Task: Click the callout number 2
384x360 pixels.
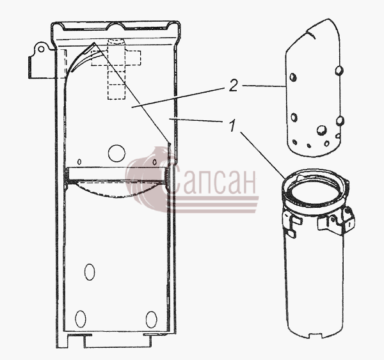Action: click(x=234, y=86)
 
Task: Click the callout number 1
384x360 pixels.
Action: click(x=232, y=125)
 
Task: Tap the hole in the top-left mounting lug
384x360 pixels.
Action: click(x=42, y=49)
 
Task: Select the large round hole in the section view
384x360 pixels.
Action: click(x=116, y=153)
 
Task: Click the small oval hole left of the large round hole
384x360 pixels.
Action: click(x=79, y=162)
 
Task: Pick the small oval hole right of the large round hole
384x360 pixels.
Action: click(x=154, y=162)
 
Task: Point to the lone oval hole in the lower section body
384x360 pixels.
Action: click(x=90, y=272)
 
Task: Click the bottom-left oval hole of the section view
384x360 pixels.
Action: click(x=81, y=318)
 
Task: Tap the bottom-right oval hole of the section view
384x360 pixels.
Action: click(x=151, y=319)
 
